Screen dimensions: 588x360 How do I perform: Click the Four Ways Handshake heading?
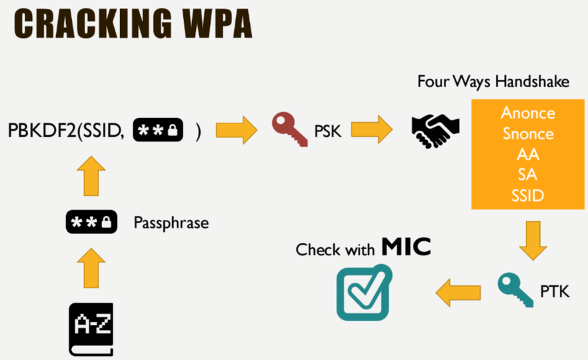point(493,81)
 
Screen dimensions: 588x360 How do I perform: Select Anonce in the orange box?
point(528,112)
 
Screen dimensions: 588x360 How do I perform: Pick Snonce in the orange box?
point(528,133)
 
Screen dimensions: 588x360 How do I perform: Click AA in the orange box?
point(528,154)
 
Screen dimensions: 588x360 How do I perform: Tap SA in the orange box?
point(528,175)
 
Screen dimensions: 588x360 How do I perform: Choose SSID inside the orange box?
point(528,195)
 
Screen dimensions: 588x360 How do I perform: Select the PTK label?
point(555,291)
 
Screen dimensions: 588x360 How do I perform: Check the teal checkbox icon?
point(363,293)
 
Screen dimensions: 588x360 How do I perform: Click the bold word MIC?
point(406,248)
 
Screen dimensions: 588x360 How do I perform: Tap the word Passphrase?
point(171,222)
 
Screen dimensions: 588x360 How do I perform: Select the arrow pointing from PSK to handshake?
point(373,129)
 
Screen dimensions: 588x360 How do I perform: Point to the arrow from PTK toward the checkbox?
point(458,291)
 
